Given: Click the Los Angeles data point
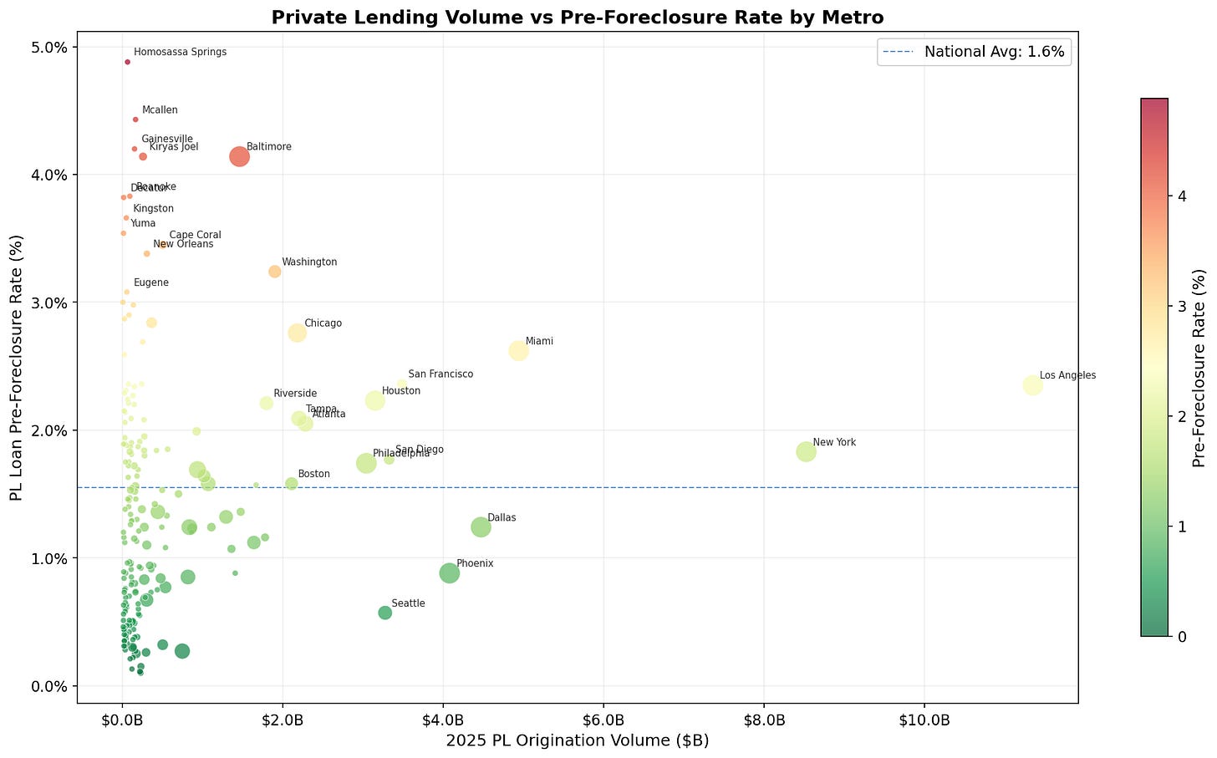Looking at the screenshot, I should tap(1032, 385).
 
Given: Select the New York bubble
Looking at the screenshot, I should tap(806, 451).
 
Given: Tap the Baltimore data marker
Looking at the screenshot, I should tap(239, 156).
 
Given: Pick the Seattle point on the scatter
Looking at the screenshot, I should tap(384, 613).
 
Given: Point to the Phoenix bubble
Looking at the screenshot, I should tap(449, 573).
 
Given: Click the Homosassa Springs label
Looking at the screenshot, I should tap(180, 52).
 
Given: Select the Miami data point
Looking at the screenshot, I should tap(518, 351).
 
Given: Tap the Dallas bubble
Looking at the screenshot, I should tap(481, 527).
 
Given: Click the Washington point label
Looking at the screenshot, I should tap(309, 262).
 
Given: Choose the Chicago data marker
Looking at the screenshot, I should tap(297, 333).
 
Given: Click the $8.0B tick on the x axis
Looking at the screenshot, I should tap(764, 720).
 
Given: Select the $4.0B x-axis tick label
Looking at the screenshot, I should tap(443, 720).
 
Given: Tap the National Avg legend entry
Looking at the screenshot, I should tap(975, 52).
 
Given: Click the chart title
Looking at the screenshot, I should tap(576, 17).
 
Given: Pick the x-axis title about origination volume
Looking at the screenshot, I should tap(577, 740).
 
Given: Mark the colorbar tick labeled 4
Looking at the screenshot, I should tap(1176, 196).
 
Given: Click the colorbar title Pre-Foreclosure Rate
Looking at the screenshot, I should tap(1199, 368).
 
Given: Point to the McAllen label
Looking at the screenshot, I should tap(160, 110).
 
